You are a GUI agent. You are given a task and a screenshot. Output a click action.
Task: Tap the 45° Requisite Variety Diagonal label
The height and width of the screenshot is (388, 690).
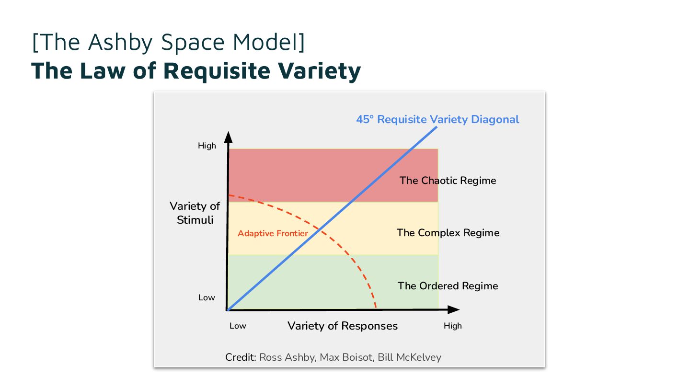click(437, 119)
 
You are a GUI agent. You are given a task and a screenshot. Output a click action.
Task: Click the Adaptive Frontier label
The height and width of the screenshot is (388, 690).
click(273, 233)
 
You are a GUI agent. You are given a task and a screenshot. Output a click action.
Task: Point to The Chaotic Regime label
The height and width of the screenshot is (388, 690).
click(448, 181)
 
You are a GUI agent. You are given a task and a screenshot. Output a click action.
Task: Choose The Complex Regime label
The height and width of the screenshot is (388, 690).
click(448, 233)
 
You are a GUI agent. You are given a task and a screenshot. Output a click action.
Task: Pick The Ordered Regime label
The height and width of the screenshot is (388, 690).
click(448, 286)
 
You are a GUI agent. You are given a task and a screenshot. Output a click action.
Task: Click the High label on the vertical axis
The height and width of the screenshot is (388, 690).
click(207, 146)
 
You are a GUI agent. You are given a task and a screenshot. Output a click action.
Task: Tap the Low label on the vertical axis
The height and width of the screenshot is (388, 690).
click(207, 297)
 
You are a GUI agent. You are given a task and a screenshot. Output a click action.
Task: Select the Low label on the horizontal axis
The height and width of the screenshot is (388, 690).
click(238, 326)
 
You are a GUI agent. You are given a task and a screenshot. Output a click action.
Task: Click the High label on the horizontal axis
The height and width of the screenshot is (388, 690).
click(452, 326)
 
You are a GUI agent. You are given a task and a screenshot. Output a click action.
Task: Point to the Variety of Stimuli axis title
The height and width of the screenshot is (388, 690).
click(195, 213)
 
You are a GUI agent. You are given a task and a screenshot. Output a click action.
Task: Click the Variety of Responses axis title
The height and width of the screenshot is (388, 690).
click(342, 326)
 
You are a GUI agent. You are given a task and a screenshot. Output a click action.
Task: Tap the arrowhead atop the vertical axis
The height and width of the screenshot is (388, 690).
click(229, 136)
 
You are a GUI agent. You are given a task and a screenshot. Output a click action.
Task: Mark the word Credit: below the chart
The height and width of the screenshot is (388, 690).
click(241, 357)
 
